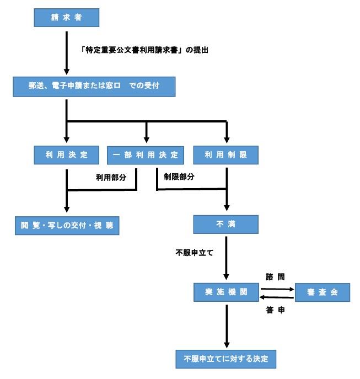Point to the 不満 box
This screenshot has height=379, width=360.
[227, 225]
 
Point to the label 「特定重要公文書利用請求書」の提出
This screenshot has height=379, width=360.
[145, 50]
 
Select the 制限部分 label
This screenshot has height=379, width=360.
[179, 178]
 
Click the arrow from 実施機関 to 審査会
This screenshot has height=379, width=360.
[277, 288]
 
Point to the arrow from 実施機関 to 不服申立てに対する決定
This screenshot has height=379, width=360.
[227, 327]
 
